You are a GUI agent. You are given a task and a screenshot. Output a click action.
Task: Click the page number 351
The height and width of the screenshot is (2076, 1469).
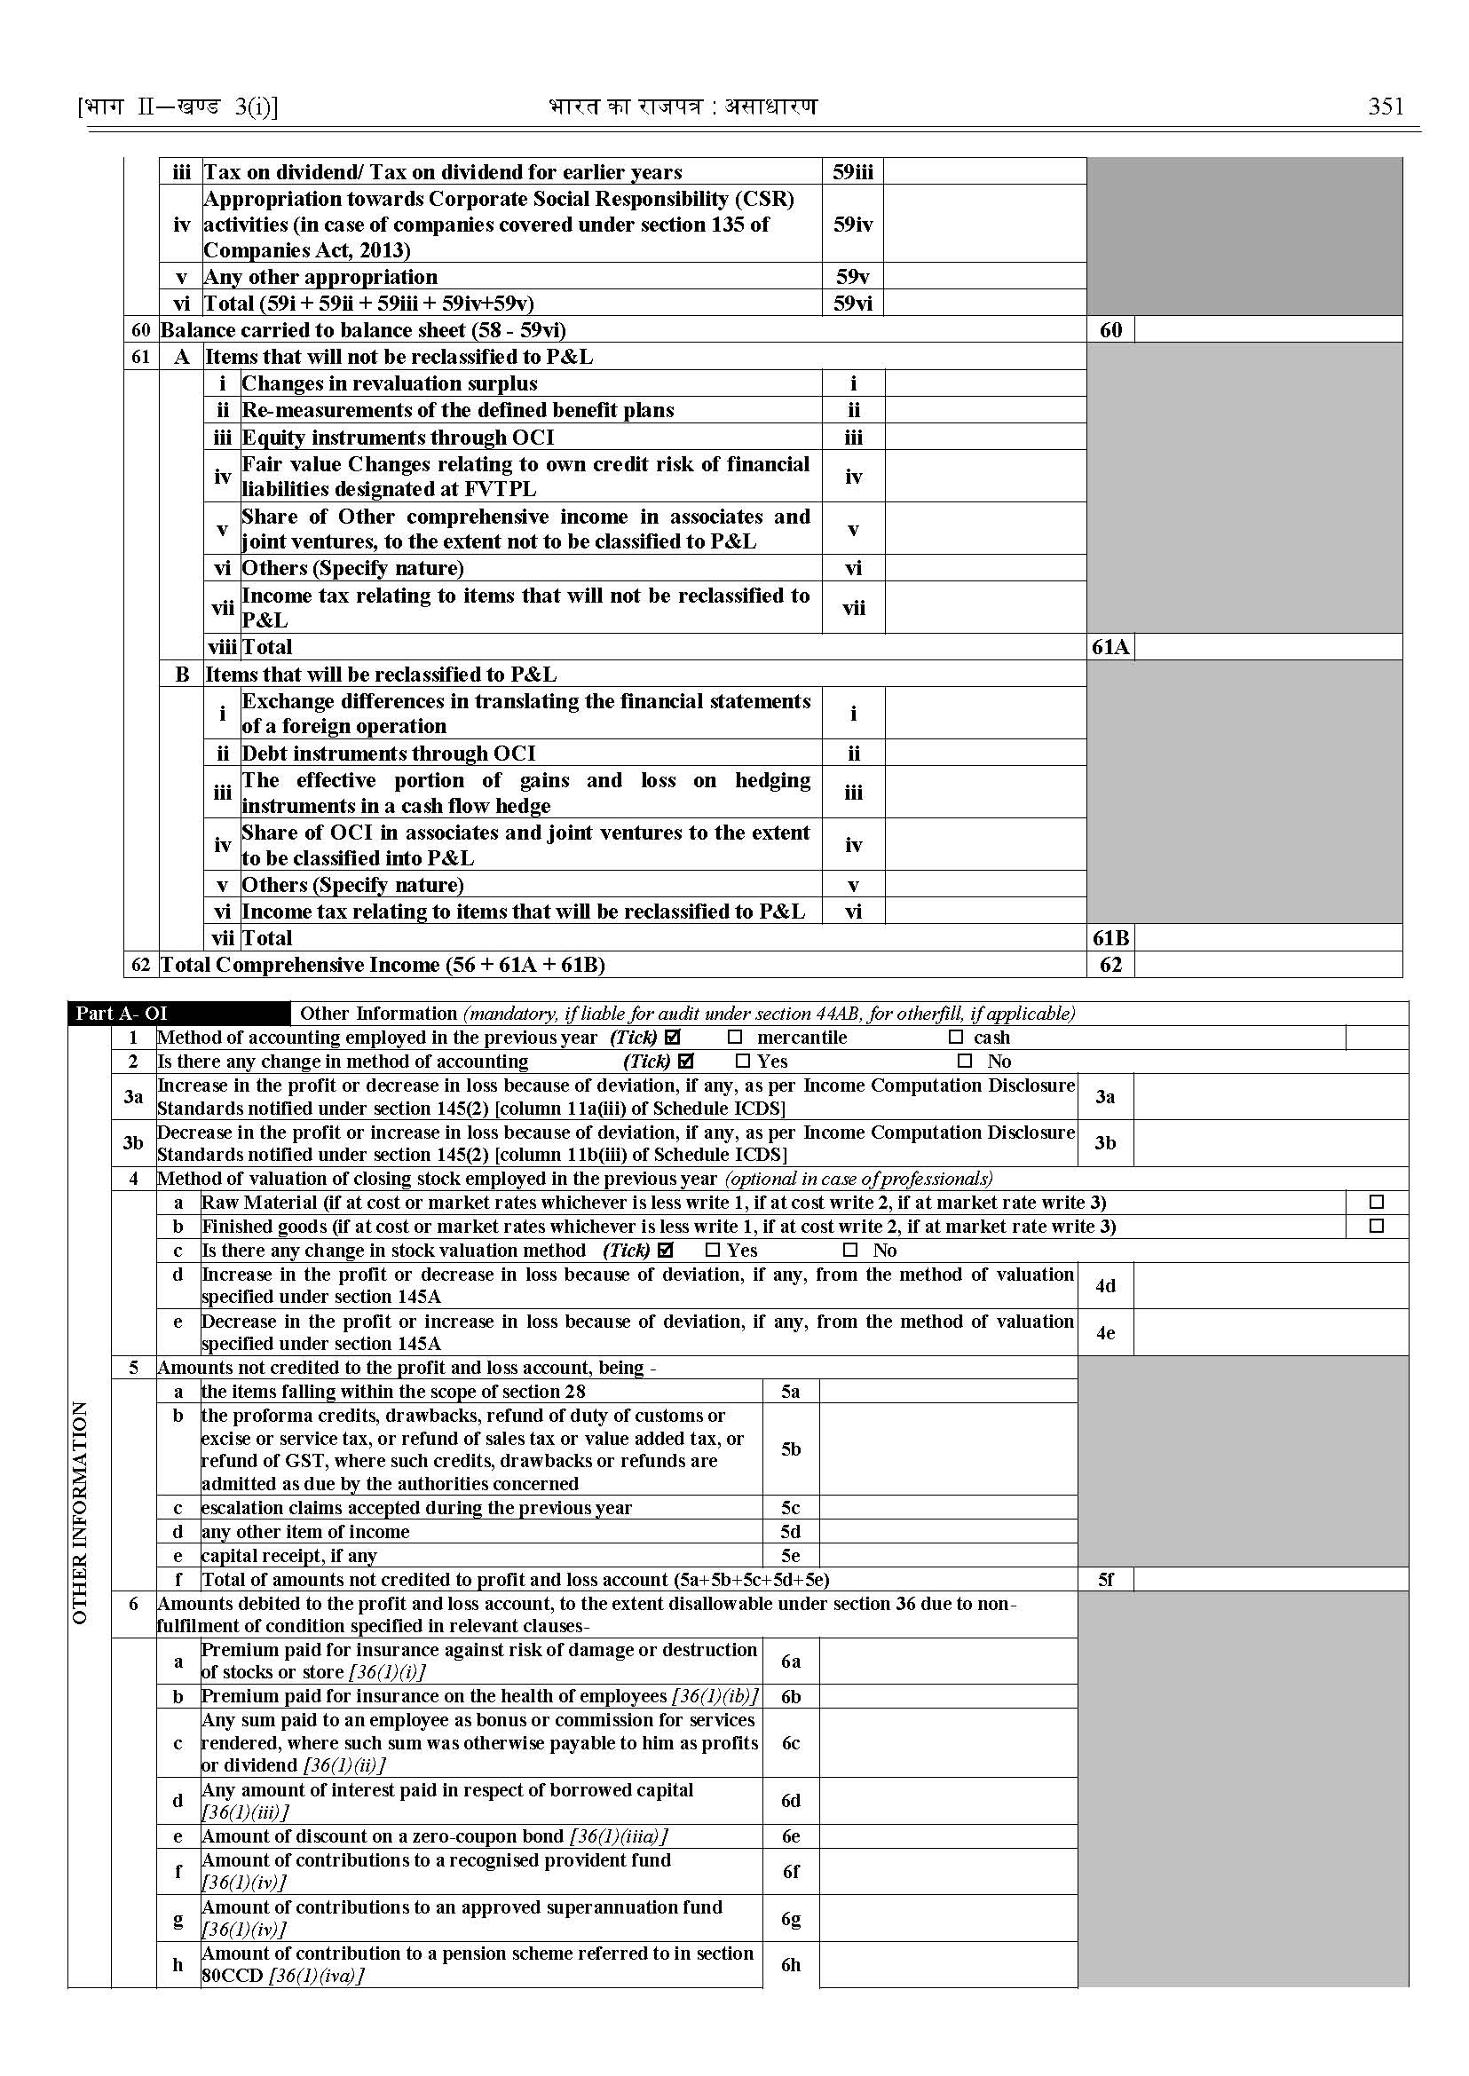pos(1386,107)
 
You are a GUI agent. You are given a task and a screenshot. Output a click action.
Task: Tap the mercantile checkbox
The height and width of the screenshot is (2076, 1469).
pos(735,1038)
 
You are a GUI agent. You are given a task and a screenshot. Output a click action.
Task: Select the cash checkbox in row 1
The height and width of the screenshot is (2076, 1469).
pos(956,1038)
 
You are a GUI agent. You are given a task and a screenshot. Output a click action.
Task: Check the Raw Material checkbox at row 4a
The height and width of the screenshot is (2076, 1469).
pos(1376,1202)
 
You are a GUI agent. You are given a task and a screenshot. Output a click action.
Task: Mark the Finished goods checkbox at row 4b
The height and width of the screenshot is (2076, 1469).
pos(1376,1227)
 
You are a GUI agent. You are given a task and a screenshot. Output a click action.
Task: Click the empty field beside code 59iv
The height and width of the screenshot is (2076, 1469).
pos(984,225)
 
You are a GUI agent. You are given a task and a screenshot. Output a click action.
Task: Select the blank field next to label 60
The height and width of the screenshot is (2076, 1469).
pos(1268,330)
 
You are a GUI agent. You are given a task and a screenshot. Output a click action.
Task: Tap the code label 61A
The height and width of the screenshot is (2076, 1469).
pos(1110,648)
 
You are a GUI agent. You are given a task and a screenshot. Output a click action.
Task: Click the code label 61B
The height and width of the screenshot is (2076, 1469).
pos(1110,938)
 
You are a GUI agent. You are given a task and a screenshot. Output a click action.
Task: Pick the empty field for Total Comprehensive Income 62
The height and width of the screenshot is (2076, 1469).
pos(1268,965)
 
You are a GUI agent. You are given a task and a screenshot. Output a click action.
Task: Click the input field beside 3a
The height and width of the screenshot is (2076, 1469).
pos(1269,1097)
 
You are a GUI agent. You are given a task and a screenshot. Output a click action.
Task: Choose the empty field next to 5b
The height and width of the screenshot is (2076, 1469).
pos(947,1449)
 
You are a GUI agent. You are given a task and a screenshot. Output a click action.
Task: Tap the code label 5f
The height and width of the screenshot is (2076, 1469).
pos(1104,1580)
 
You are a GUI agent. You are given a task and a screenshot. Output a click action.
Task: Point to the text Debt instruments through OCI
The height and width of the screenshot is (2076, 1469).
pos(388,754)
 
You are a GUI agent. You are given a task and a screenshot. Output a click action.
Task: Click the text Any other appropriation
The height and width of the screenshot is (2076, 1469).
pos(320,277)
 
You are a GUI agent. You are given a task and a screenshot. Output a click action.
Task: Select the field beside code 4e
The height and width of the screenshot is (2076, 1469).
pos(1269,1332)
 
